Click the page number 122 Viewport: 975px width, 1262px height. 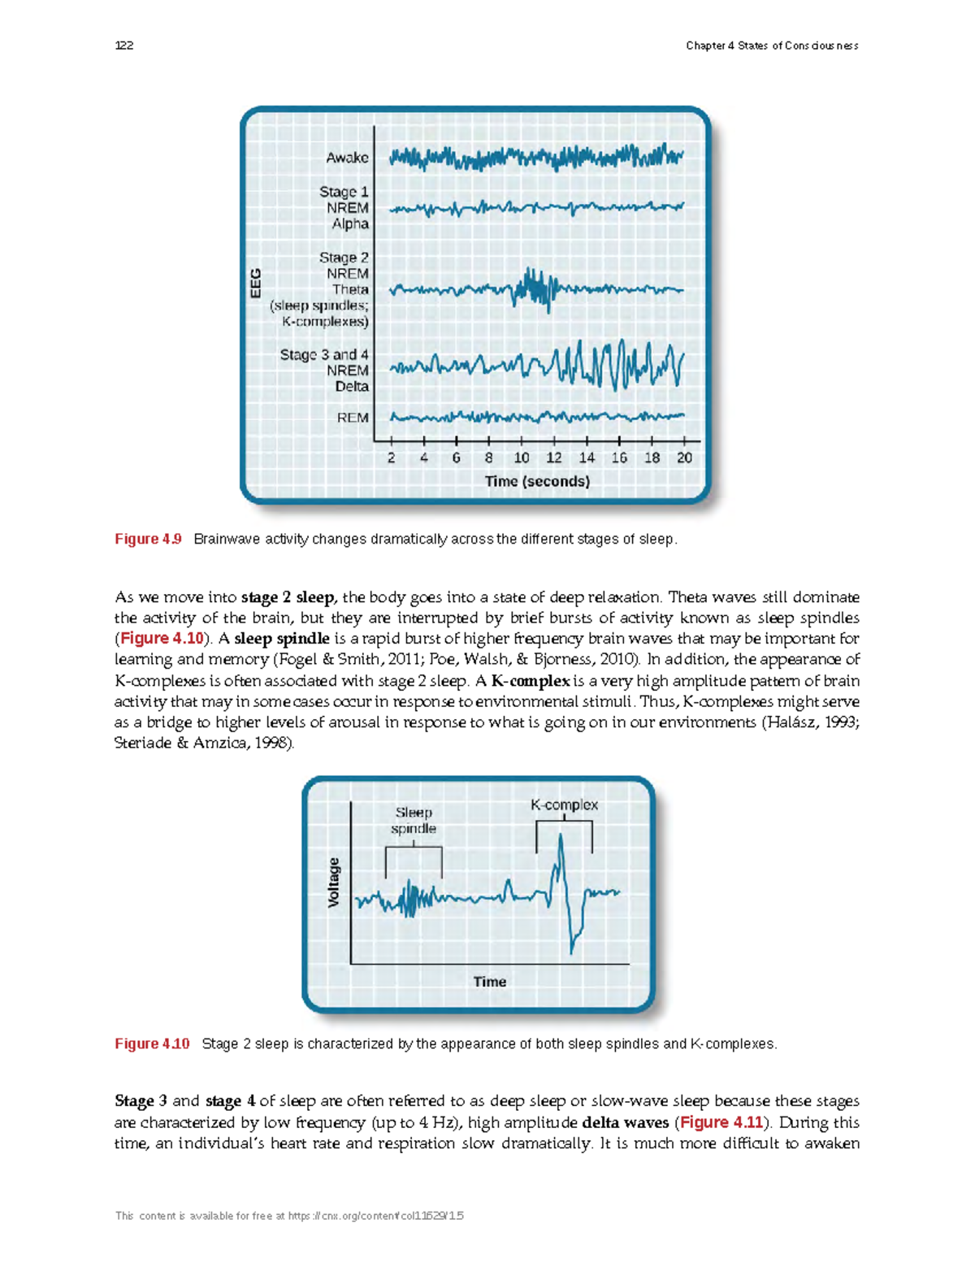point(124,46)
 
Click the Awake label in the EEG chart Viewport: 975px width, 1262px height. point(347,158)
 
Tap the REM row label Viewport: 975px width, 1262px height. point(353,418)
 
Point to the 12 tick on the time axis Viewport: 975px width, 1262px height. point(554,458)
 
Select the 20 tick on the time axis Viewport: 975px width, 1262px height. point(684,458)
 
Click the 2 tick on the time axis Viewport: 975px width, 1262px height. point(392,458)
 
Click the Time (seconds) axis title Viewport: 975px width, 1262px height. point(537,481)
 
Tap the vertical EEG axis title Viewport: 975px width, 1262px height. point(256,283)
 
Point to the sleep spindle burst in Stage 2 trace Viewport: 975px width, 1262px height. point(533,288)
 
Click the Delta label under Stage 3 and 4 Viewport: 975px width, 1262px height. point(352,387)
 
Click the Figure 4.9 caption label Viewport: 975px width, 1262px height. point(148,540)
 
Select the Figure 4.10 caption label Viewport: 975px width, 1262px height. point(152,1043)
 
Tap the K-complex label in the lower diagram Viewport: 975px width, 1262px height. point(564,805)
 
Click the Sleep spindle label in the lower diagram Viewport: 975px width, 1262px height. point(414,821)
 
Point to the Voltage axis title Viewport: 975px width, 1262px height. point(333,883)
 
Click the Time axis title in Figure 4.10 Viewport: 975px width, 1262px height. point(490,982)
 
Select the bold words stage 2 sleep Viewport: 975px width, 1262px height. point(288,597)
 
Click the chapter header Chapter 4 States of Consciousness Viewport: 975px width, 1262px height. point(772,46)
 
